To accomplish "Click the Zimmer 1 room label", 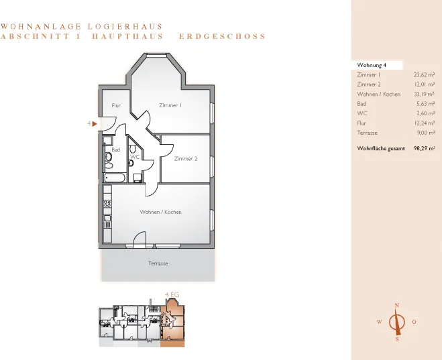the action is (170, 105).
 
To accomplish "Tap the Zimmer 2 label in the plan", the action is (186, 159).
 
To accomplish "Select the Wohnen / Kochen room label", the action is (161, 212).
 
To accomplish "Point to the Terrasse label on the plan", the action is (158, 263).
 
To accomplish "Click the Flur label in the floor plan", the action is (116, 106).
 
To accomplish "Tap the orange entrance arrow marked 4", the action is (95, 123).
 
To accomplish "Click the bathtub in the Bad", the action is (115, 178).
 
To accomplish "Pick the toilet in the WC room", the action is (133, 149).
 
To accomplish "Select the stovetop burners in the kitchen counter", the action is (107, 203).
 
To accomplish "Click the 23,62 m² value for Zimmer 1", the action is (425, 75).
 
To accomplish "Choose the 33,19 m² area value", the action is (425, 94).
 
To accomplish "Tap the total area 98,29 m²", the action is (425, 148).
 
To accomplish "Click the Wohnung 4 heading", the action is (372, 65).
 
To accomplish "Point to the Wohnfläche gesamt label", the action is (381, 148).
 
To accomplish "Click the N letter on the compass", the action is (397, 305).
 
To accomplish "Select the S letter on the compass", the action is (397, 339).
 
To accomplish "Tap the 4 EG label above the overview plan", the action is (172, 295).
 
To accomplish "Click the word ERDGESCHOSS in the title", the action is (223, 36).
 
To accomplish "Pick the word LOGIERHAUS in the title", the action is (125, 26).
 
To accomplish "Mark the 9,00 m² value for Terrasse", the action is (426, 133).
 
